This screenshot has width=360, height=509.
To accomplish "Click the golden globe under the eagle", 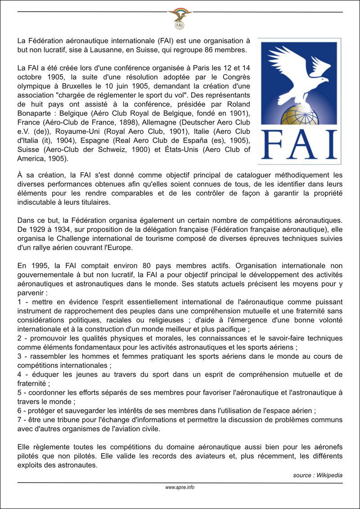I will [x=299, y=116].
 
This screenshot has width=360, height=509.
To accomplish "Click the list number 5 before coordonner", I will [x=19, y=393].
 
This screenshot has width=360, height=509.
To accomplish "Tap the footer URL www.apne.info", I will [x=180, y=487].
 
